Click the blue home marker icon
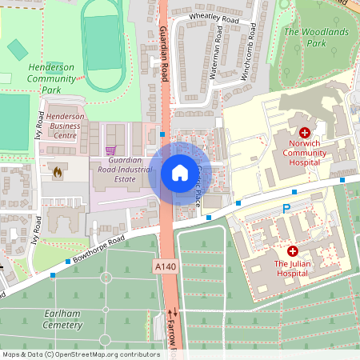(x=179, y=172)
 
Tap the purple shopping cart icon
(x=110, y=150)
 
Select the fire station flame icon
(x=57, y=171)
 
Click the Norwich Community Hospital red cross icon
(x=304, y=132)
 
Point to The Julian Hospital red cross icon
(x=293, y=250)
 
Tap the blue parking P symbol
(x=286, y=209)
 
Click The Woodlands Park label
(x=316, y=37)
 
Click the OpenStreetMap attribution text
(x=81, y=354)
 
